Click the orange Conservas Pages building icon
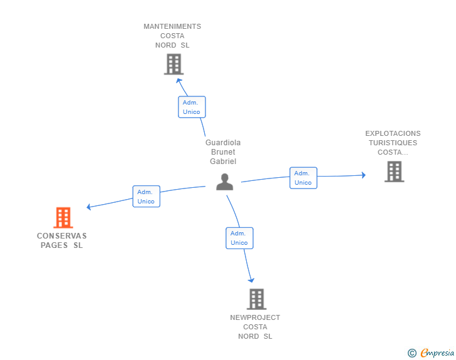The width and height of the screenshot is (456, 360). (63, 217)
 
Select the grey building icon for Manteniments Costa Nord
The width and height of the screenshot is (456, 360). (174, 64)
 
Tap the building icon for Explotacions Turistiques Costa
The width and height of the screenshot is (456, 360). (395, 172)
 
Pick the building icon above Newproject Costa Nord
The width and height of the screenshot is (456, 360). (257, 299)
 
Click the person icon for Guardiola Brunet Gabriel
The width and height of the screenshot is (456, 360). (224, 182)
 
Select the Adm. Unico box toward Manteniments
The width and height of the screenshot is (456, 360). (192, 107)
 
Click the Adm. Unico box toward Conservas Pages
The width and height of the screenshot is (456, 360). (147, 197)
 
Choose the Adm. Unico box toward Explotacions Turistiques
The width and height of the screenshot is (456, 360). (303, 178)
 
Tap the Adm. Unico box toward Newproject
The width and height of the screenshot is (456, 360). (240, 238)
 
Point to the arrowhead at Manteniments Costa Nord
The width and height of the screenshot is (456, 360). (179, 80)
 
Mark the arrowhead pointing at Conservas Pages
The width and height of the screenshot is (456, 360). (89, 207)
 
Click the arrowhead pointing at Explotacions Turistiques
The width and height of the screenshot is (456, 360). (363, 175)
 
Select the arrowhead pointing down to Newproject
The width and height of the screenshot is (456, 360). (251, 280)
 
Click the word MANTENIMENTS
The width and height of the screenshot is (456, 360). (172, 26)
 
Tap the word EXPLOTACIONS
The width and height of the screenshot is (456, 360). (393, 133)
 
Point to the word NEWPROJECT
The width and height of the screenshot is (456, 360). (255, 317)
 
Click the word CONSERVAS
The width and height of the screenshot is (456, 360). (61, 236)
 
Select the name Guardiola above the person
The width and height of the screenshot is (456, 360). (223, 143)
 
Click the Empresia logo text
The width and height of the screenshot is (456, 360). (437, 352)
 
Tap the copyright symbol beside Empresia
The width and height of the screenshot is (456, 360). (412, 353)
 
